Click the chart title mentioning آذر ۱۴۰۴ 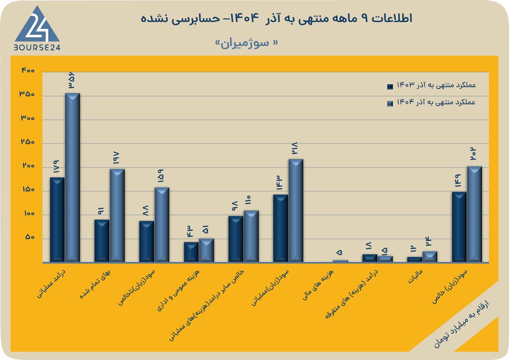tap(276, 18)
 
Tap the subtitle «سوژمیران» tap(247, 43)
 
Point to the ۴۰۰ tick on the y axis tap(28, 70)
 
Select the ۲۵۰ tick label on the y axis tap(28, 142)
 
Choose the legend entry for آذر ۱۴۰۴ tap(431, 102)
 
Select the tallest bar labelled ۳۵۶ tap(72, 178)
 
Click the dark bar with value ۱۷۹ tap(57, 220)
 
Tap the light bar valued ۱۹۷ tap(117, 216)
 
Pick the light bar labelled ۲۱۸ tap(296, 211)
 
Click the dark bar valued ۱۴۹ tap(459, 227)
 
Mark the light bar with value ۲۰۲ tap(474, 214)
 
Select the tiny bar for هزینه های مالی tap(341, 261)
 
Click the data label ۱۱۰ tap(248, 200)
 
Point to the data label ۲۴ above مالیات tap(429, 241)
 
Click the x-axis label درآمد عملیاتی tap(51, 284)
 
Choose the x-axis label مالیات tap(416, 276)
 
